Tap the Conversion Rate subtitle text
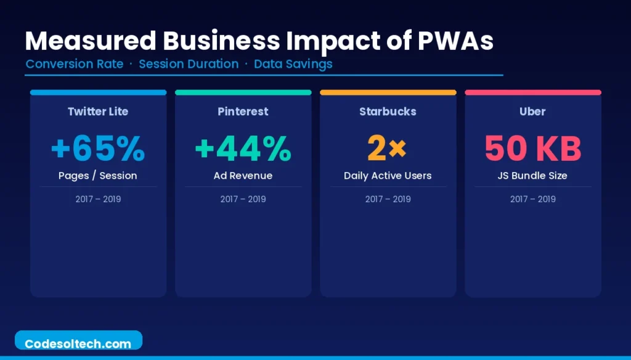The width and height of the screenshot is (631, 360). pyautogui.click(x=75, y=64)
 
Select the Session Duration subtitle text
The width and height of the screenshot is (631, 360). pyautogui.click(x=189, y=64)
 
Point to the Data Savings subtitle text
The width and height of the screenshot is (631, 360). pyautogui.click(x=293, y=64)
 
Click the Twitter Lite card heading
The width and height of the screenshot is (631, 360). pyautogui.click(x=98, y=112)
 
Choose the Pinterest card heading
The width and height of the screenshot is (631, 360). pyautogui.click(x=243, y=112)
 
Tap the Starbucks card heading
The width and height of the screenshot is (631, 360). pyautogui.click(x=388, y=112)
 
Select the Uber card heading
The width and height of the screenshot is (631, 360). pyautogui.click(x=532, y=112)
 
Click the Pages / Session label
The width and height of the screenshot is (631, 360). pyautogui.click(x=98, y=176)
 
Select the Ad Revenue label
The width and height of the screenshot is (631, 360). pyautogui.click(x=243, y=176)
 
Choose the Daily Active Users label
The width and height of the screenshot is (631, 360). pyautogui.click(x=388, y=176)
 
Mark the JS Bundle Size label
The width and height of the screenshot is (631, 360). pyautogui.click(x=532, y=176)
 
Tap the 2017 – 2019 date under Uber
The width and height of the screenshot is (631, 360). pyautogui.click(x=532, y=199)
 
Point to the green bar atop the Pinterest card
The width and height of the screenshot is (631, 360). pyautogui.click(x=243, y=92)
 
